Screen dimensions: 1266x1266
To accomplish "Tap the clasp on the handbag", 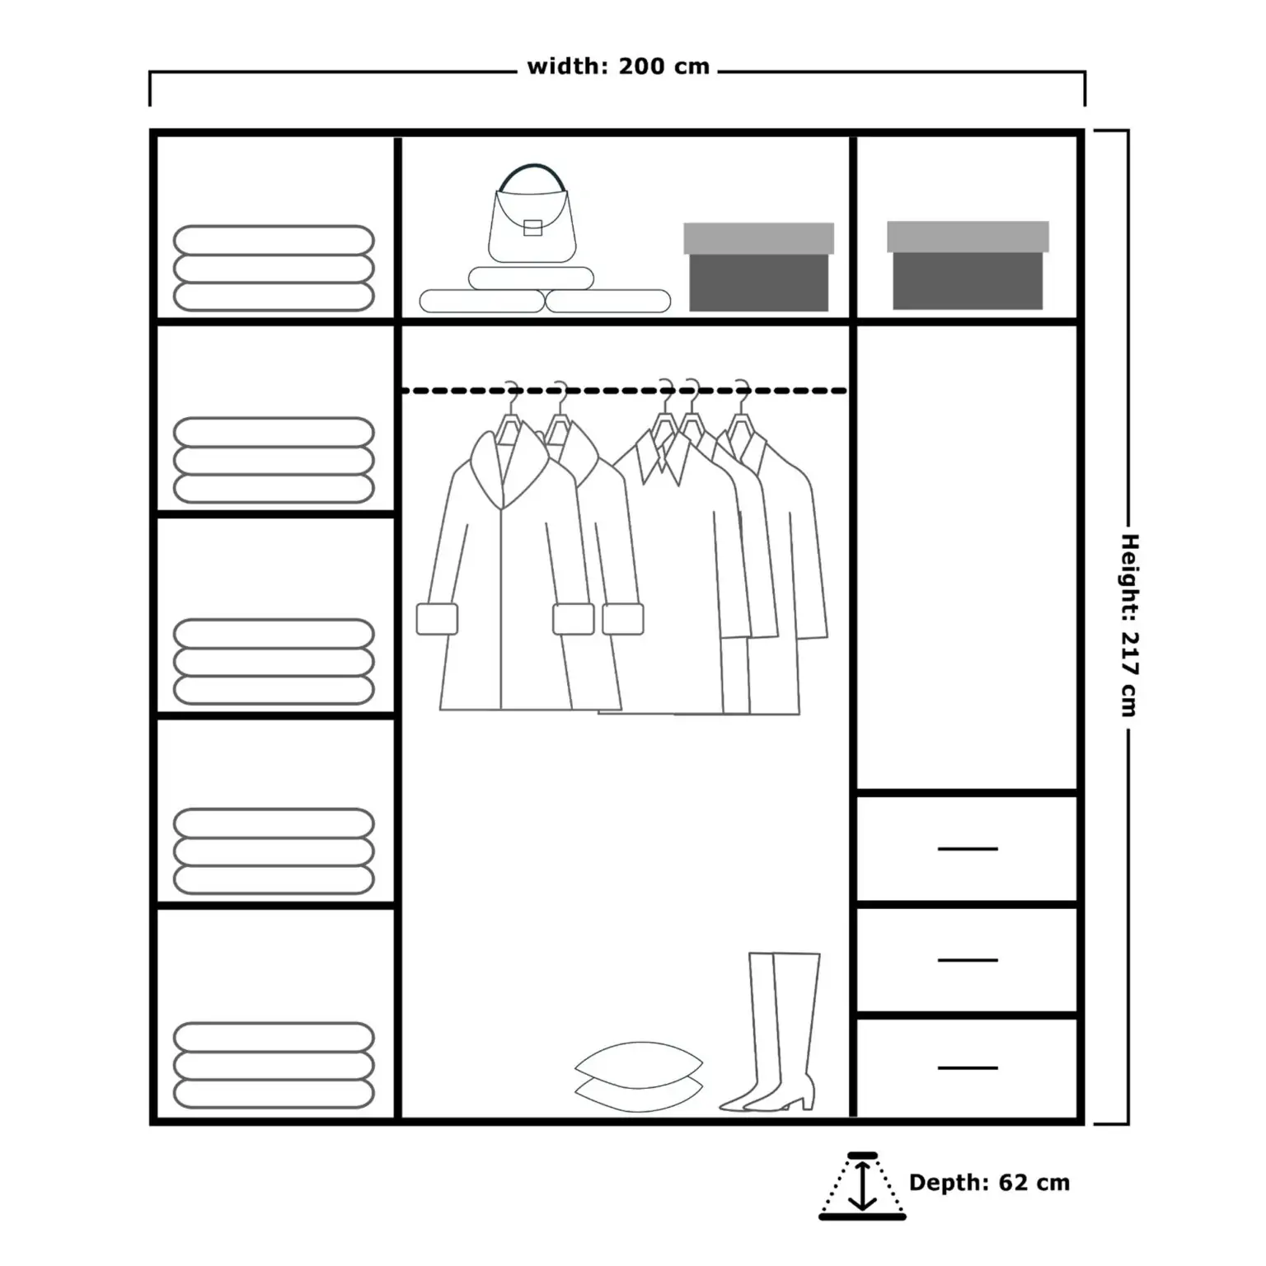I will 532,227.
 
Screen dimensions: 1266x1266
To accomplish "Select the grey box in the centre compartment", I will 758,267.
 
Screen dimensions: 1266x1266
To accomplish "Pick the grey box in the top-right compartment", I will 968,265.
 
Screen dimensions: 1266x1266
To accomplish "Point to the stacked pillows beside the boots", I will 639,1076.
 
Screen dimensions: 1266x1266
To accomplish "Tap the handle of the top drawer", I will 968,848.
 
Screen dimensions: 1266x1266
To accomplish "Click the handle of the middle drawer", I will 968,960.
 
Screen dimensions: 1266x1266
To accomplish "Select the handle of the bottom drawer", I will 968,1068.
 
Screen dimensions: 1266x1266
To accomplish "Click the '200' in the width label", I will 641,67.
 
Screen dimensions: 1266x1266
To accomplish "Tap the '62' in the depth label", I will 1013,1183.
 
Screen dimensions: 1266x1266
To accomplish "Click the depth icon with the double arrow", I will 862,1186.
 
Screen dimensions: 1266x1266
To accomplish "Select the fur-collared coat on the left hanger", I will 503,569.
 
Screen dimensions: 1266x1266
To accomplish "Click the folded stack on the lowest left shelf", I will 274,1065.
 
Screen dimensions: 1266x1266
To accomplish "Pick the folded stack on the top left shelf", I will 274,268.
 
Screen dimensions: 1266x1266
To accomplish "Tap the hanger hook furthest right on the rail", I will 743,394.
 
